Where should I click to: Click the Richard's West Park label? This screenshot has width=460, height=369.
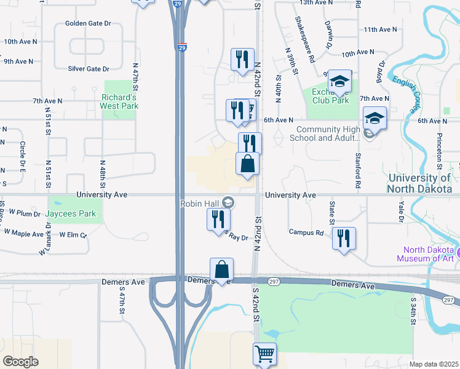pos(119,101)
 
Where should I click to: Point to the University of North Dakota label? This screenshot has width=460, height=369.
pos(424,183)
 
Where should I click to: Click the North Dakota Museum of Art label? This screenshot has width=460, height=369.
pos(429,254)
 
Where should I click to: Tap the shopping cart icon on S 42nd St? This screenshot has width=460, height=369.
pos(264,354)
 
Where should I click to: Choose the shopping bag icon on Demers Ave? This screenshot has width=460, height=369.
pos(221,269)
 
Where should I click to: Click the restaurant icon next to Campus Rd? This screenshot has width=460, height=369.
pos(344,237)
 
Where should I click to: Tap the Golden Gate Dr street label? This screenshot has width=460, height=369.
pos(88,24)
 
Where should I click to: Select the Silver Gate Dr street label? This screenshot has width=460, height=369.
pos(89,69)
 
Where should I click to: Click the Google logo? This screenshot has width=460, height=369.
pos(20,362)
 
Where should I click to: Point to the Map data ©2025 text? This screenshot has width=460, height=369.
pos(434,364)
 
